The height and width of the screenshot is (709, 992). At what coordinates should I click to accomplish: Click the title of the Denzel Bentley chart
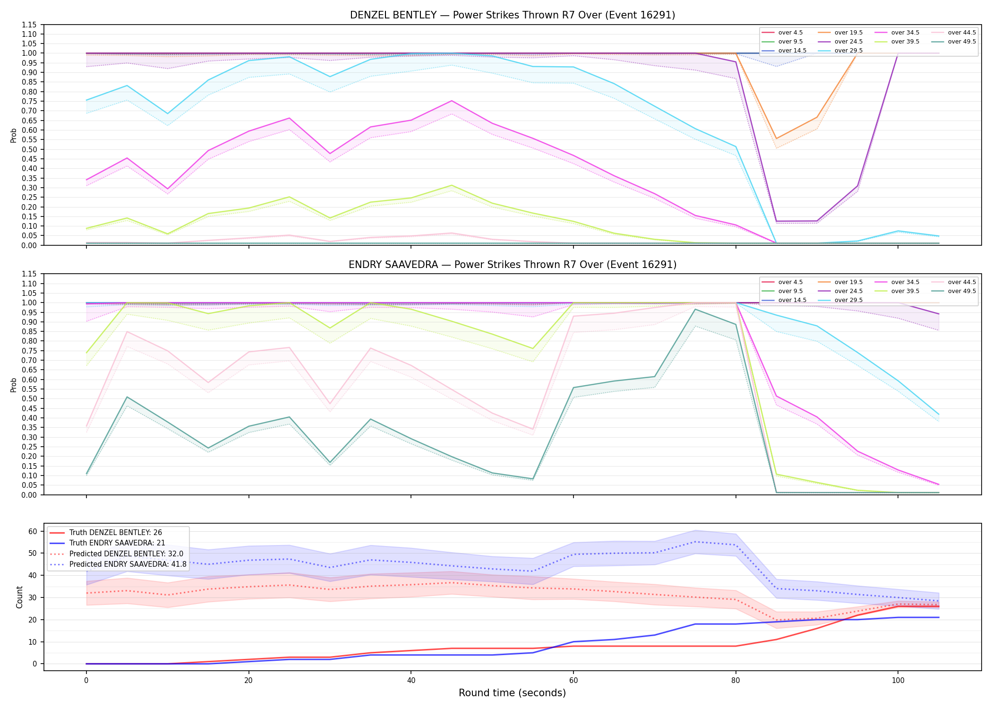pos(513,15)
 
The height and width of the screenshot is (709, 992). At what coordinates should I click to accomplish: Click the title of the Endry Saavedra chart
pos(513,265)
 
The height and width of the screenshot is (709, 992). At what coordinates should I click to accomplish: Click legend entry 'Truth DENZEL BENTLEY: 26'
pos(116,533)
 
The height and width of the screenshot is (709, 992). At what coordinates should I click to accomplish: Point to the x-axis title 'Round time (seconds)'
pos(512,693)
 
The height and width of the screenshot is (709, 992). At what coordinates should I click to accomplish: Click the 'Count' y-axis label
pos(19,597)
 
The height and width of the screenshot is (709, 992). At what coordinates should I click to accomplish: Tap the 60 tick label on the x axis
pos(573,681)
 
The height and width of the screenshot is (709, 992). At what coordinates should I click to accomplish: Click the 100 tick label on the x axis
pos(898,681)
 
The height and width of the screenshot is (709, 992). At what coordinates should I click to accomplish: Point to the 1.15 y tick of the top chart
pos(30,25)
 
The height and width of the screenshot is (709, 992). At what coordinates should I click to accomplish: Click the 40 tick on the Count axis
pos(33,575)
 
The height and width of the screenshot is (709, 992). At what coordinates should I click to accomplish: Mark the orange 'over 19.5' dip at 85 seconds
pos(776,138)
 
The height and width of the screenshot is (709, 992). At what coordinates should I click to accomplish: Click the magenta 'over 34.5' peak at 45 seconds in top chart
pos(452,101)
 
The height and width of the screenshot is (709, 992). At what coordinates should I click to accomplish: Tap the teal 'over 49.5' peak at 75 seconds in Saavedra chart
pos(695,309)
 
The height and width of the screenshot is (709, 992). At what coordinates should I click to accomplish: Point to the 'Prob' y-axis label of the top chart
pos(14,136)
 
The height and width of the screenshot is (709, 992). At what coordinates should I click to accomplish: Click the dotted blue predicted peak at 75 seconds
pos(695,542)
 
